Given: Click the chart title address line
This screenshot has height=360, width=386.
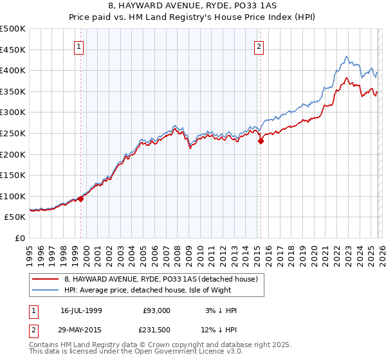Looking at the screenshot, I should pyautogui.click(x=193, y=7).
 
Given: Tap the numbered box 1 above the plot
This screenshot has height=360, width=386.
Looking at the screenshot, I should pyautogui.click(x=78, y=46).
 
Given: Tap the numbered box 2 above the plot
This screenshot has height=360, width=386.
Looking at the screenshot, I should pyautogui.click(x=259, y=46).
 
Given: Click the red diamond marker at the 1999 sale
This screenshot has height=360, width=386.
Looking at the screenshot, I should pyautogui.click(x=81, y=199).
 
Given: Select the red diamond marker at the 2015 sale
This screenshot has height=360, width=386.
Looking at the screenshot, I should pyautogui.click(x=261, y=141).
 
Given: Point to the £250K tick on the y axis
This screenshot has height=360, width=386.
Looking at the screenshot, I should pyautogui.click(x=13, y=133).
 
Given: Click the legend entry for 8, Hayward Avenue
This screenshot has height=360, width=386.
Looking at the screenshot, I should pyautogui.click(x=161, y=279).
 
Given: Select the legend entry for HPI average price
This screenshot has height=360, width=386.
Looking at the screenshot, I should pyautogui.click(x=161, y=290).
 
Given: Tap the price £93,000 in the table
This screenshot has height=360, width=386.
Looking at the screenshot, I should pyautogui.click(x=157, y=310).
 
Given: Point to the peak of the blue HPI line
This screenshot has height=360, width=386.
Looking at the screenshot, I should pyautogui.click(x=346, y=57).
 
